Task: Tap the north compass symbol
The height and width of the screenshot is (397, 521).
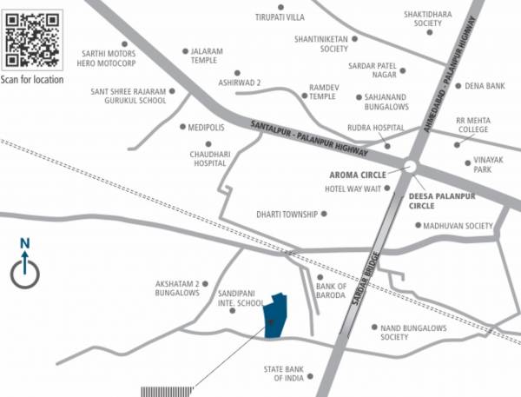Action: (25, 272)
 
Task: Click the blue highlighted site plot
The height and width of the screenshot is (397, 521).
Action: (277, 314)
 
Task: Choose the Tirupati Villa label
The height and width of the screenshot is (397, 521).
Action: (280, 17)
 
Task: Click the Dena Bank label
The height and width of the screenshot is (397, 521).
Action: (485, 86)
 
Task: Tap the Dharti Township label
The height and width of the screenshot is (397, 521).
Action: (286, 214)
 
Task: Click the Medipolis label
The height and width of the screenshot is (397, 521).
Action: (206, 127)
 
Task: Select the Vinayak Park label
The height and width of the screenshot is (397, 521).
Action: (483, 165)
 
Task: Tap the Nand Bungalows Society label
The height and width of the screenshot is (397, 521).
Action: (413, 332)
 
